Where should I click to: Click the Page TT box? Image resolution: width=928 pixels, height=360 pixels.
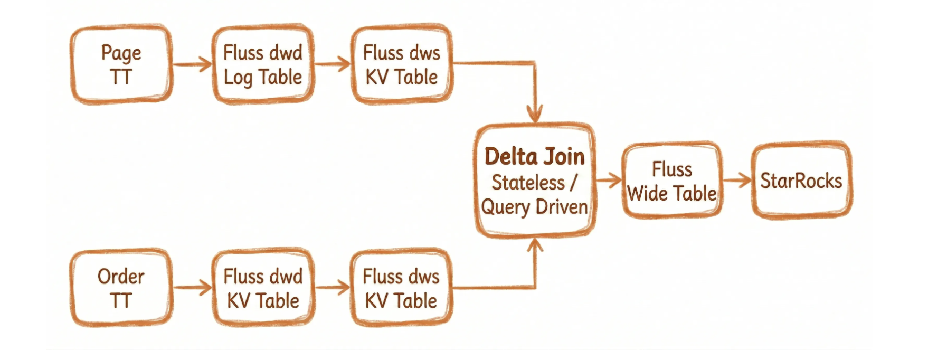[121, 64]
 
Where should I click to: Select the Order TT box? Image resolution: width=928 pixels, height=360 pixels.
[121, 288]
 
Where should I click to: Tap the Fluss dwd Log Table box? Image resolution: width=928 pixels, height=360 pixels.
[263, 64]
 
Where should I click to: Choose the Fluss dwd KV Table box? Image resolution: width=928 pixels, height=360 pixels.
[263, 288]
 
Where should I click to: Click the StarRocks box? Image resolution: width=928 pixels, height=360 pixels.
[801, 181]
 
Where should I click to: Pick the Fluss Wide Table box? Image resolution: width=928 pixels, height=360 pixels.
[671, 181]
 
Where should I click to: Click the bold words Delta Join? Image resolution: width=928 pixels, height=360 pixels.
[534, 157]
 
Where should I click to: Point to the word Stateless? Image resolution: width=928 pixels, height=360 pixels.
[528, 183]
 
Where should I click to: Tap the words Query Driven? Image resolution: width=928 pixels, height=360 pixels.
[534, 207]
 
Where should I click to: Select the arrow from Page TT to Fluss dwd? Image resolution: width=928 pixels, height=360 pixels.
[192, 64]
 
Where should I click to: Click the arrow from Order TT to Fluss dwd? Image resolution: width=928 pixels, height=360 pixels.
[192, 288]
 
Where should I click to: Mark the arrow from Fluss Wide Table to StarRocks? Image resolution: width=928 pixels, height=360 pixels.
[737, 181]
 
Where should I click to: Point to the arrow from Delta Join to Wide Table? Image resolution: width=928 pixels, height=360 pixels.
[609, 181]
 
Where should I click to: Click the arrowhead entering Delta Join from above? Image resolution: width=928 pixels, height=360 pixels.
[535, 113]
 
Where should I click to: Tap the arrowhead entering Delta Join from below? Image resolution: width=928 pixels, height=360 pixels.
[535, 246]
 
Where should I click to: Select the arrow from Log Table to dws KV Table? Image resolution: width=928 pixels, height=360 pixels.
[333, 64]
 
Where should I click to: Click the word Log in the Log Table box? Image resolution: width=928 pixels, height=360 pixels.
[238, 78]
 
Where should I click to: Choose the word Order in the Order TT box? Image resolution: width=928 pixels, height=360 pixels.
[121, 277]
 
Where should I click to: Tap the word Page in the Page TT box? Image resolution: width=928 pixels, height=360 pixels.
[121, 53]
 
